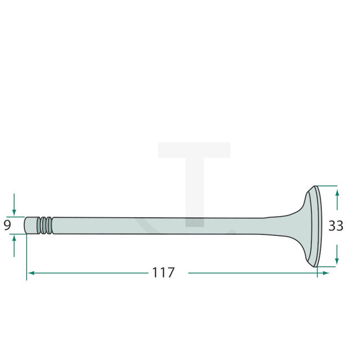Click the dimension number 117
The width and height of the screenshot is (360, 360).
click(x=162, y=272)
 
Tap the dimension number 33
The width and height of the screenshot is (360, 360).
click(x=336, y=226)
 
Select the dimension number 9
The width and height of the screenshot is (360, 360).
click(x=7, y=225)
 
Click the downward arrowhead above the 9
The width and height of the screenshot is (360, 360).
click(x=14, y=213)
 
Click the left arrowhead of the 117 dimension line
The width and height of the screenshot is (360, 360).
click(x=31, y=273)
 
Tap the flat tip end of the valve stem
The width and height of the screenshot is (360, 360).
click(x=26, y=225)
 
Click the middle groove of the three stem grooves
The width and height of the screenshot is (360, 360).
click(x=44, y=225)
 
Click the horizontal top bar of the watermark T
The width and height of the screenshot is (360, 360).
click(x=194, y=150)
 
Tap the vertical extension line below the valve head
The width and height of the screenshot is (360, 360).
click(x=317, y=272)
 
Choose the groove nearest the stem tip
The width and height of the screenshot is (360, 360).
click(x=39, y=225)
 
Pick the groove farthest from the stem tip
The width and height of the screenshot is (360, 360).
click(x=49, y=225)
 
